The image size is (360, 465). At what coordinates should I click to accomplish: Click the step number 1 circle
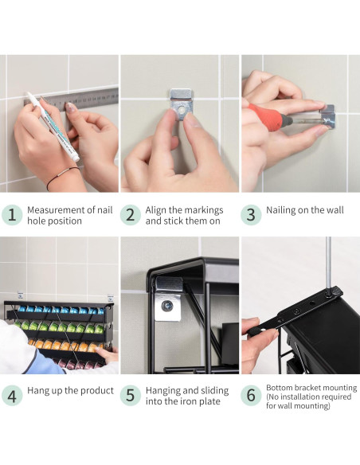point(12,215)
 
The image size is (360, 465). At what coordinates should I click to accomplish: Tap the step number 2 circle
point(131,215)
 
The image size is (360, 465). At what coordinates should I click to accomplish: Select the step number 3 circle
point(251,215)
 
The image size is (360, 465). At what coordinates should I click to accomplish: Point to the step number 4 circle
point(12,395)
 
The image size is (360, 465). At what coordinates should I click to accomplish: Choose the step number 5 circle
point(131,395)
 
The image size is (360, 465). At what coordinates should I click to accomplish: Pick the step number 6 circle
point(251,395)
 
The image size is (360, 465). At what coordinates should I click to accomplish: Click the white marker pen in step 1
point(53,126)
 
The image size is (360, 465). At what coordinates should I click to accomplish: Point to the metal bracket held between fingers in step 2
point(181,104)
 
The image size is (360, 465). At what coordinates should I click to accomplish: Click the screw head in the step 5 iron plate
point(167,306)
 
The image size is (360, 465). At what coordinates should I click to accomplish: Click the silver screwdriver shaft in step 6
point(328,264)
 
